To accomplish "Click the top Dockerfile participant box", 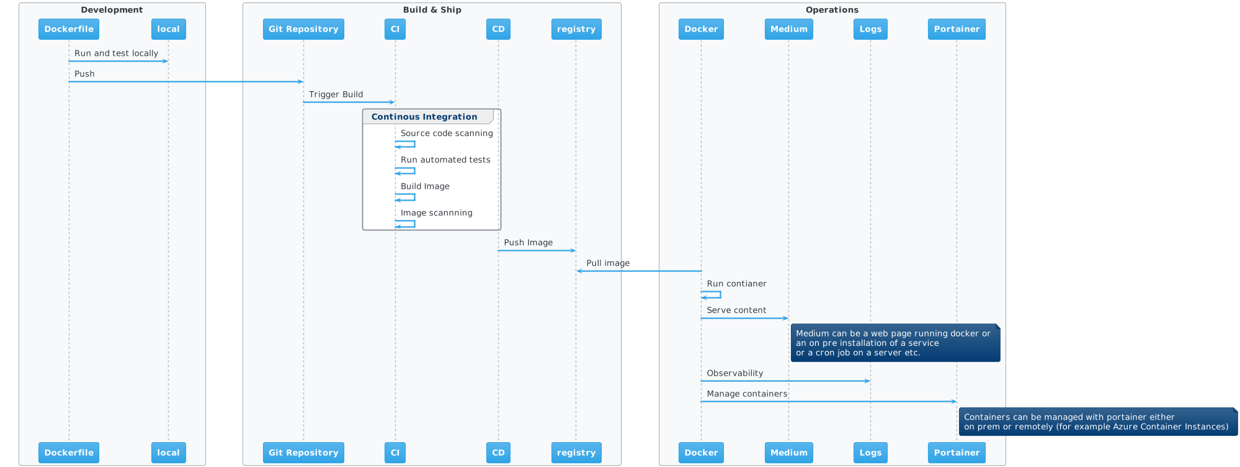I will [69, 29].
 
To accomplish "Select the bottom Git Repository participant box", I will [303, 453].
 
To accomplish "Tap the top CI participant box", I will [395, 29].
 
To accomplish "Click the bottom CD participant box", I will [498, 453].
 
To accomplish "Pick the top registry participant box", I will [576, 29].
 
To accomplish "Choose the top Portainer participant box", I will [957, 29].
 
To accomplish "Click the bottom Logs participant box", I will [870, 453].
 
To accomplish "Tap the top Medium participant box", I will [788, 29].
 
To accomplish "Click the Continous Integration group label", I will [424, 117].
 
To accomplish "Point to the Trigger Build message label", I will [336, 94].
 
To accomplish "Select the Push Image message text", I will [528, 243].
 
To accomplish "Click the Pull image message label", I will [608, 263].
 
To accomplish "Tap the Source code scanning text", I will [447, 134].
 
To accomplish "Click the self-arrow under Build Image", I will [406, 197].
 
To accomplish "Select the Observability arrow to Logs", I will [785, 381].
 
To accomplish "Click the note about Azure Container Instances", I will [1096, 422].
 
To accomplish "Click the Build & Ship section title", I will [432, 10].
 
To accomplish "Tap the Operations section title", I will [832, 10].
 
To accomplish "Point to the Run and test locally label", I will [116, 53].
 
